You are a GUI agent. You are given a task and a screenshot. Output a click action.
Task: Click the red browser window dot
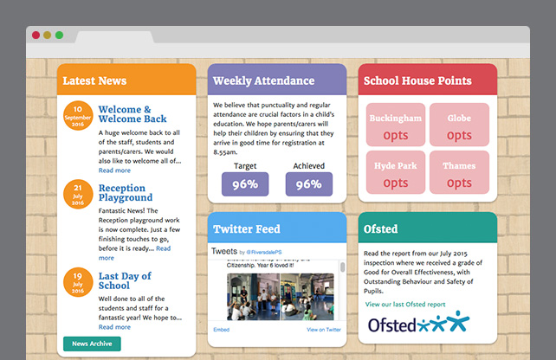(36, 35)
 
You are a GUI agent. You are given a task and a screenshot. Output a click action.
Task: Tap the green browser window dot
(59, 35)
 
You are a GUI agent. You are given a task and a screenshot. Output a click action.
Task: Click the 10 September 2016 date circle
(78, 115)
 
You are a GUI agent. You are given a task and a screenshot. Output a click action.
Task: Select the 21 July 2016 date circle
(78, 196)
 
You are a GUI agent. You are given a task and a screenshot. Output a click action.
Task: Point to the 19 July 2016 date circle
(78, 283)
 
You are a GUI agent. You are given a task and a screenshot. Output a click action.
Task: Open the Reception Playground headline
(126, 193)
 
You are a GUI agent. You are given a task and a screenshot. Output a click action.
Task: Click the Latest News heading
(95, 80)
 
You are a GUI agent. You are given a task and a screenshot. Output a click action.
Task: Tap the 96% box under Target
(245, 184)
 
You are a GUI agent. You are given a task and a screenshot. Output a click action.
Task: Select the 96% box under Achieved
(309, 184)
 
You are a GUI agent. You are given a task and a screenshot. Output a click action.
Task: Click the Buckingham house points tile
(396, 125)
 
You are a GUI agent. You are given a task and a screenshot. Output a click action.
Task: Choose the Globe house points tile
(459, 125)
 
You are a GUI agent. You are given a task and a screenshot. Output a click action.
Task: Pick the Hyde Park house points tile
(396, 174)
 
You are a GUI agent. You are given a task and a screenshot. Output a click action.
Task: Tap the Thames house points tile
(459, 174)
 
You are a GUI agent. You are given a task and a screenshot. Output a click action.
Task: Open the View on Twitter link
(324, 330)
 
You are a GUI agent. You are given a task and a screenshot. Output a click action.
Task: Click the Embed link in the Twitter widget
(221, 330)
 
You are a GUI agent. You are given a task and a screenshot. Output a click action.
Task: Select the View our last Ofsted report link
(405, 305)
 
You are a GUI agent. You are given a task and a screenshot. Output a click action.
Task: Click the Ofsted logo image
(418, 324)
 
